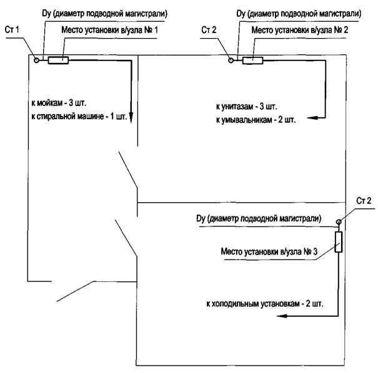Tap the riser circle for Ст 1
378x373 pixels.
37,60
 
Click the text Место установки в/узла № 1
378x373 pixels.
109,30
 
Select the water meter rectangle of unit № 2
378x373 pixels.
253,61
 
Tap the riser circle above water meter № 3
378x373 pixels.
339,221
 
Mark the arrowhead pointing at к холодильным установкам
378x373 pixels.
282,316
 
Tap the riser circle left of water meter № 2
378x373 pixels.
231,61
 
